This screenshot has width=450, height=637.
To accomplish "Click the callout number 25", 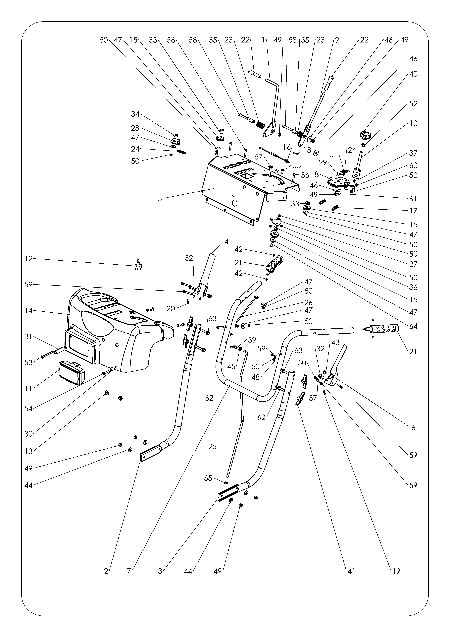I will [212, 447].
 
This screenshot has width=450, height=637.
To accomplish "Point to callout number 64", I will [413, 326].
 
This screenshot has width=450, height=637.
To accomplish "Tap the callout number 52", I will [413, 104].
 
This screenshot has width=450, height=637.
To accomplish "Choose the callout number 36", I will [413, 287].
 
